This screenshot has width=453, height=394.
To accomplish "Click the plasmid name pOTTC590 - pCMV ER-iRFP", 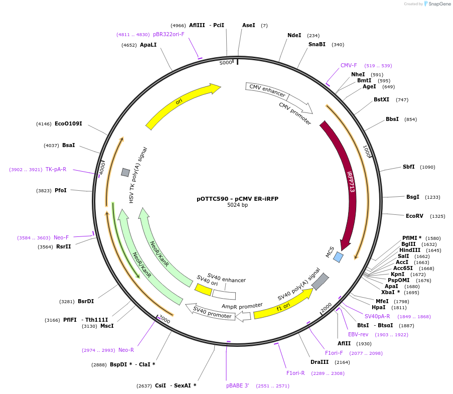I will (x=237, y=199).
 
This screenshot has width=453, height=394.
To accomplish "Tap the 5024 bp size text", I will (x=237, y=205).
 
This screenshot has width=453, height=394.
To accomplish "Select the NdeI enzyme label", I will (x=294, y=35).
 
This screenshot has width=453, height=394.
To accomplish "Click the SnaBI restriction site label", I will (x=317, y=44).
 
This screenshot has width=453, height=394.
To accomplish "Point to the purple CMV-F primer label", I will (x=349, y=65).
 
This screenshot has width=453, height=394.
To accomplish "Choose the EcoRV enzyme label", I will (x=414, y=216).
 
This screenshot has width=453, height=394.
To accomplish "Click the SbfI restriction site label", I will (x=408, y=167).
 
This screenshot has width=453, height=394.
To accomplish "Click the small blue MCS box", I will (x=339, y=257).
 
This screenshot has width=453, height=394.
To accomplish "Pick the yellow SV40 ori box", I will (x=203, y=290).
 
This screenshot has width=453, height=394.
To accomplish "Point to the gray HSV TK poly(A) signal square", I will (x=125, y=172).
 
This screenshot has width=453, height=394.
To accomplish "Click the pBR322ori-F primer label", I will (x=169, y=34).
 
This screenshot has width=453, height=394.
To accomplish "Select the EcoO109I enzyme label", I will (x=68, y=123).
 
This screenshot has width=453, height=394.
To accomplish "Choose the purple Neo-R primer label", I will (x=126, y=350).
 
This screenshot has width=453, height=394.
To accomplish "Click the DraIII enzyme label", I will (x=319, y=362).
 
